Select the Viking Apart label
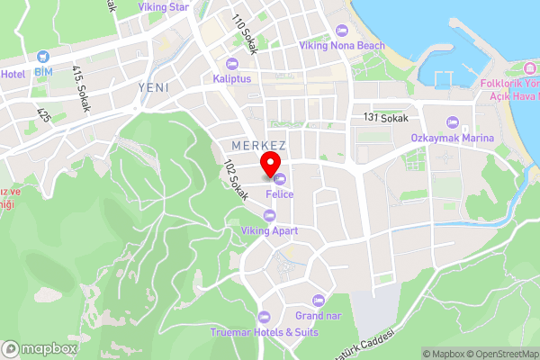pyautogui.click(x=269, y=231)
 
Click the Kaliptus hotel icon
pyautogui.click(x=232, y=63)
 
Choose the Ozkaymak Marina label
pyautogui.click(x=452, y=138)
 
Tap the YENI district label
pyautogui.click(x=154, y=87)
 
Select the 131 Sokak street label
pyautogui.click(x=385, y=119)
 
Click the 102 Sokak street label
pyautogui.click(x=235, y=181)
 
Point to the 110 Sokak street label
pyautogui.click(x=244, y=34)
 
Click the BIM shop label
pyautogui.click(x=43, y=71)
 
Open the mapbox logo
pyautogui.click(x=39, y=348)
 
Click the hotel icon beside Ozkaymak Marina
pyautogui.click(x=452, y=122)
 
